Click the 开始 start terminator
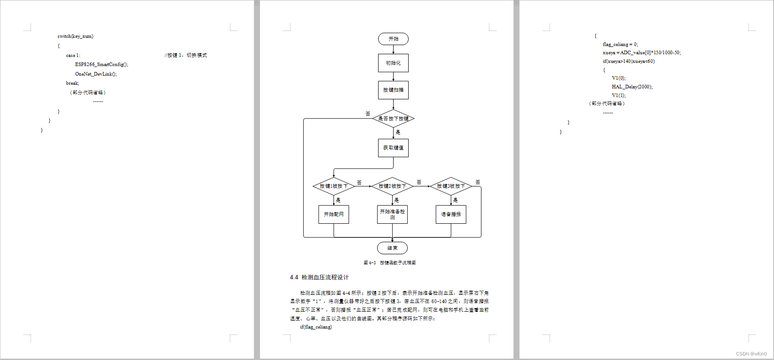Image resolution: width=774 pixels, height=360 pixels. pos(393,39)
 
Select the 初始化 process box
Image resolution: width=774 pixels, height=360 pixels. pos(393,63)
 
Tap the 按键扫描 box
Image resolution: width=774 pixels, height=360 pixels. pos(393,90)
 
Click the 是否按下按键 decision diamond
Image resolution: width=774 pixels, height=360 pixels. pos(393,118)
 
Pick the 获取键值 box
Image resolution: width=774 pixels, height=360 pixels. pos(393,148)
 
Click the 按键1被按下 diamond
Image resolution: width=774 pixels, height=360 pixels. pos(333,186)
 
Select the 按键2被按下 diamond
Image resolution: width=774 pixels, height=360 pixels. pos(392,186)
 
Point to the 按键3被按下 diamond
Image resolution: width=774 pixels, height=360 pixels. pos(451,186)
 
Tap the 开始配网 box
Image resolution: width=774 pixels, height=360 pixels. pos(333,215)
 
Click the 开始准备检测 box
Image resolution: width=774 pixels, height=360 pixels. pos(392,215)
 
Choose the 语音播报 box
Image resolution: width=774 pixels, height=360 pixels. pos(451,215)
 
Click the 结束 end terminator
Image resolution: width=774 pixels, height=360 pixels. pos(392,248)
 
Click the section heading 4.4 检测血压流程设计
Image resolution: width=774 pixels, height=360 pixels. pos(319,278)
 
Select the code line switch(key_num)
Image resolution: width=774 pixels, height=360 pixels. pos(75,36)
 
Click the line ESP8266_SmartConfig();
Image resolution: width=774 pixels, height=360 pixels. pos(102,65)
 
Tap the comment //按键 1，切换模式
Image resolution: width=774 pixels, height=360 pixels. pos(186,56)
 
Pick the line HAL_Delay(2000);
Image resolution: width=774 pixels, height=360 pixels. pos(632,87)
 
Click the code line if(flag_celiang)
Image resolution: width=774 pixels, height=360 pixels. pos(316,327)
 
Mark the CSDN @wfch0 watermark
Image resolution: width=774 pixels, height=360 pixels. pos(751,354)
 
